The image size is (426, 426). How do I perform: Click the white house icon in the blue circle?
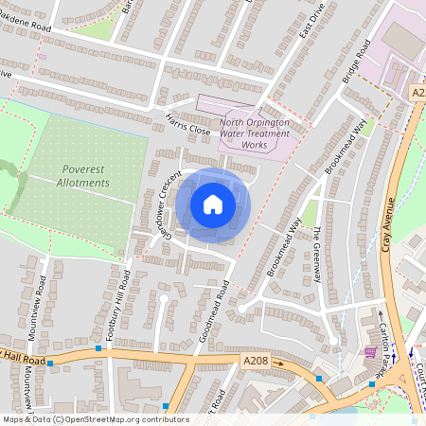213,204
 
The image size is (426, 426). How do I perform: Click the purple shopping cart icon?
369,353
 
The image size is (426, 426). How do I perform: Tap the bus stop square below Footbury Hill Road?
98,348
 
